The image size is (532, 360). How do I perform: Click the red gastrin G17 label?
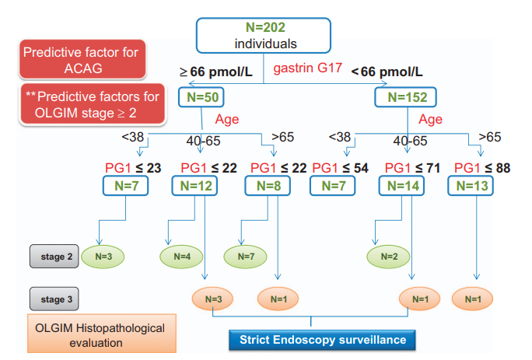tap(306, 69)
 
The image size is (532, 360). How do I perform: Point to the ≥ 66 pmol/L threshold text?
tap(217, 72)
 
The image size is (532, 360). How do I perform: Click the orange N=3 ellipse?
tap(215, 298)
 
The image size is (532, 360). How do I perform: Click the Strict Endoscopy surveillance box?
tap(311, 340)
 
